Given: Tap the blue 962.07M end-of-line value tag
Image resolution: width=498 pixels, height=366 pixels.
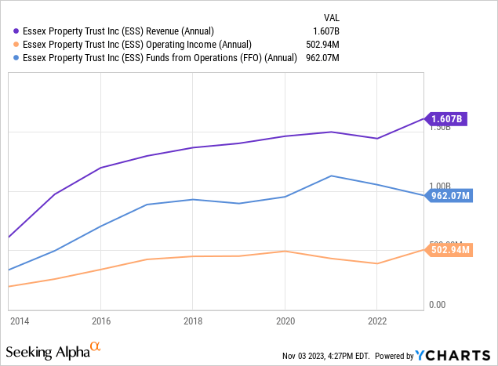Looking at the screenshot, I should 450,195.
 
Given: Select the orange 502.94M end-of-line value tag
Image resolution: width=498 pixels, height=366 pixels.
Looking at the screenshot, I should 450,249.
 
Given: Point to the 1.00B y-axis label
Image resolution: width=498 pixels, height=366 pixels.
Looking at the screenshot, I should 438,185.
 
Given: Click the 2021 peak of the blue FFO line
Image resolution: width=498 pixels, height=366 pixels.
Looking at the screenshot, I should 331,176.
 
